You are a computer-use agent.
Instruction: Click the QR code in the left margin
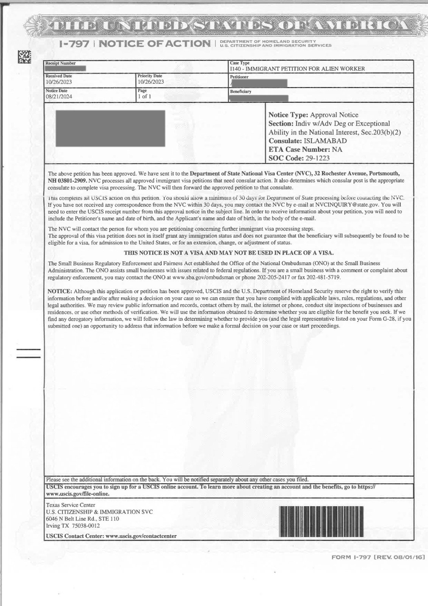25,57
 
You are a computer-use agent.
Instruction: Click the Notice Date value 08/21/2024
59,97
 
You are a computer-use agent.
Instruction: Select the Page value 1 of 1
144,97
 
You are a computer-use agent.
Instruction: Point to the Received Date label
59,76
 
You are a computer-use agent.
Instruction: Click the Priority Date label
150,76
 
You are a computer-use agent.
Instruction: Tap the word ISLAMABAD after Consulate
325,141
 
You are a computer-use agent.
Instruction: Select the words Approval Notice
334,115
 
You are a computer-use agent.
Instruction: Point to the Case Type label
240,63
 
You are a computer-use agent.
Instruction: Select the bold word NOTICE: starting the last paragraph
59,291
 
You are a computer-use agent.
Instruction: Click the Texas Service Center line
70,505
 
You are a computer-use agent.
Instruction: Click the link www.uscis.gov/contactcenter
141,536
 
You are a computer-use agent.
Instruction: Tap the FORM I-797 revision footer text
378,557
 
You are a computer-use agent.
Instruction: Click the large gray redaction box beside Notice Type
110,128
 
